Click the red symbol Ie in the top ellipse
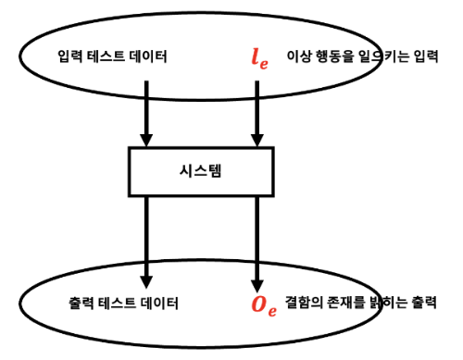point(257,56)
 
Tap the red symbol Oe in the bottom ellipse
point(263,304)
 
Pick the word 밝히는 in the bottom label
point(394,303)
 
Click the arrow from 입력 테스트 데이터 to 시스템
point(146,111)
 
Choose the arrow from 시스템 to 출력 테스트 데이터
point(146,236)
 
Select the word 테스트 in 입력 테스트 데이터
point(114,57)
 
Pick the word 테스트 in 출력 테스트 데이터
point(119,304)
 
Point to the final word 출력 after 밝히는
point(427,303)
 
